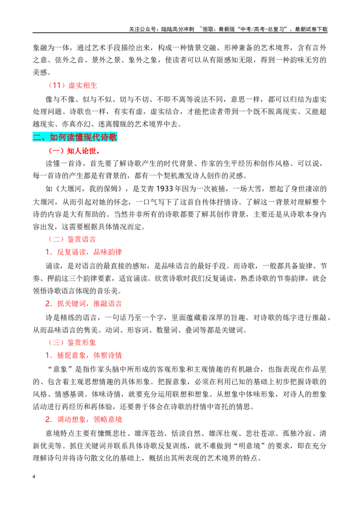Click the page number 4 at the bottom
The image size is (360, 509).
click(x=34, y=477)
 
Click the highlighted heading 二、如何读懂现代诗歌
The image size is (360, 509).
click(x=75, y=137)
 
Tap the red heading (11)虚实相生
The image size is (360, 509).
click(x=73, y=85)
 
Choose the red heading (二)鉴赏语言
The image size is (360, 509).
click(x=72, y=240)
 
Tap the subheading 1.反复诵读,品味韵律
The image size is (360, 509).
click(x=84, y=252)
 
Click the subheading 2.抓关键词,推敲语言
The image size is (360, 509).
click(x=84, y=304)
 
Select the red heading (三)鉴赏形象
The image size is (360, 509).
click(x=72, y=343)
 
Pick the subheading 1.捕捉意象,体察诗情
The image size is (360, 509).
click(x=84, y=356)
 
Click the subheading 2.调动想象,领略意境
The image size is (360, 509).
click(x=84, y=420)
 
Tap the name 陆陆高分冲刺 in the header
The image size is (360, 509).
click(x=177, y=29)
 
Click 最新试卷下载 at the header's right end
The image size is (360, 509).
click(x=311, y=29)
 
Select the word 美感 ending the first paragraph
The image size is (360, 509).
click(x=40, y=72)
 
